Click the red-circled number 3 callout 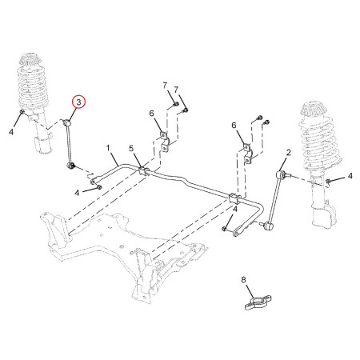coord(78,102)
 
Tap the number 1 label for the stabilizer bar coord(108,148)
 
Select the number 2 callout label coord(289,153)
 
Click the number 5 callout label coord(131,149)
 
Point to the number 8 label coord(243,280)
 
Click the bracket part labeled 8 coord(258,302)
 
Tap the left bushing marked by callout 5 coord(144,170)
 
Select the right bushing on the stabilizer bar coord(234,198)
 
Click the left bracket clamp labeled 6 coord(166,142)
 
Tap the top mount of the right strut coord(314,110)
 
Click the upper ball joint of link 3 coord(66,123)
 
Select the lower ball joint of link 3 coord(70,166)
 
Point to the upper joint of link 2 coord(279,174)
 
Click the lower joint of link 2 coord(268,226)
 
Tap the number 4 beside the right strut coord(350,176)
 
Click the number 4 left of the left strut coord(11,132)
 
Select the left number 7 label coord(165,86)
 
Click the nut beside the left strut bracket coord(23,112)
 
